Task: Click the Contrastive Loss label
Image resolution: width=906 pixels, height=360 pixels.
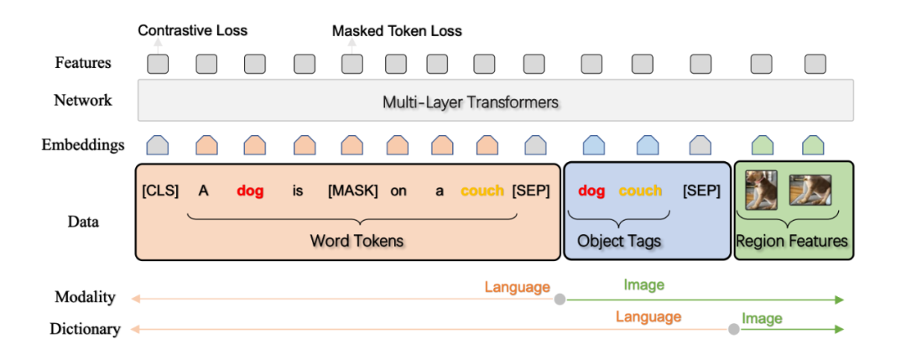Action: pyautogui.click(x=193, y=31)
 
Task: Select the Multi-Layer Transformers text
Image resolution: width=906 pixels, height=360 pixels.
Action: pyautogui.click(x=471, y=102)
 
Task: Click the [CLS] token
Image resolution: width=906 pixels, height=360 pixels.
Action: pyautogui.click(x=160, y=190)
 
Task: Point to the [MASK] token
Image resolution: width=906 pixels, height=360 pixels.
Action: pyautogui.click(x=353, y=190)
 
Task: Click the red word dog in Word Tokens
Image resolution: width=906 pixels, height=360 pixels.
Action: pyautogui.click(x=250, y=190)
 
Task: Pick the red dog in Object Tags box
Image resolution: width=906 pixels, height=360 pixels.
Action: pyautogui.click(x=591, y=190)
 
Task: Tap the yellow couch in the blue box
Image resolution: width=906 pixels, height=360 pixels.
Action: pyautogui.click(x=640, y=190)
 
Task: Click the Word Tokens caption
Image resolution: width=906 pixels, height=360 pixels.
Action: pyautogui.click(x=357, y=241)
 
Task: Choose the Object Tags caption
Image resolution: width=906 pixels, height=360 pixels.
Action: pyautogui.click(x=619, y=241)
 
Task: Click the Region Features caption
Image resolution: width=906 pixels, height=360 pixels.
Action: pyautogui.click(x=792, y=242)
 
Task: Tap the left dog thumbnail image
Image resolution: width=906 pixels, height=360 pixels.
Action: pyautogui.click(x=762, y=190)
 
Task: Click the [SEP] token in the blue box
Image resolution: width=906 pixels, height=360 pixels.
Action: pyautogui.click(x=701, y=190)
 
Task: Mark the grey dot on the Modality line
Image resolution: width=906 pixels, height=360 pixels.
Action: pyautogui.click(x=560, y=299)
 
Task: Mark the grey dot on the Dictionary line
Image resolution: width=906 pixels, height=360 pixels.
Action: pyautogui.click(x=733, y=329)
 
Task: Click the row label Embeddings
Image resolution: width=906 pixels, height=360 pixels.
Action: pyautogui.click(x=83, y=145)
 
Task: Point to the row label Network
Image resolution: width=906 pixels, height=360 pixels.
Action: pyautogui.click(x=83, y=101)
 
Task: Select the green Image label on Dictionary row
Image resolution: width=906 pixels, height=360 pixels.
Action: pyautogui.click(x=762, y=318)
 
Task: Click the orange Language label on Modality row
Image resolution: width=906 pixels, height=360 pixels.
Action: pyautogui.click(x=517, y=287)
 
